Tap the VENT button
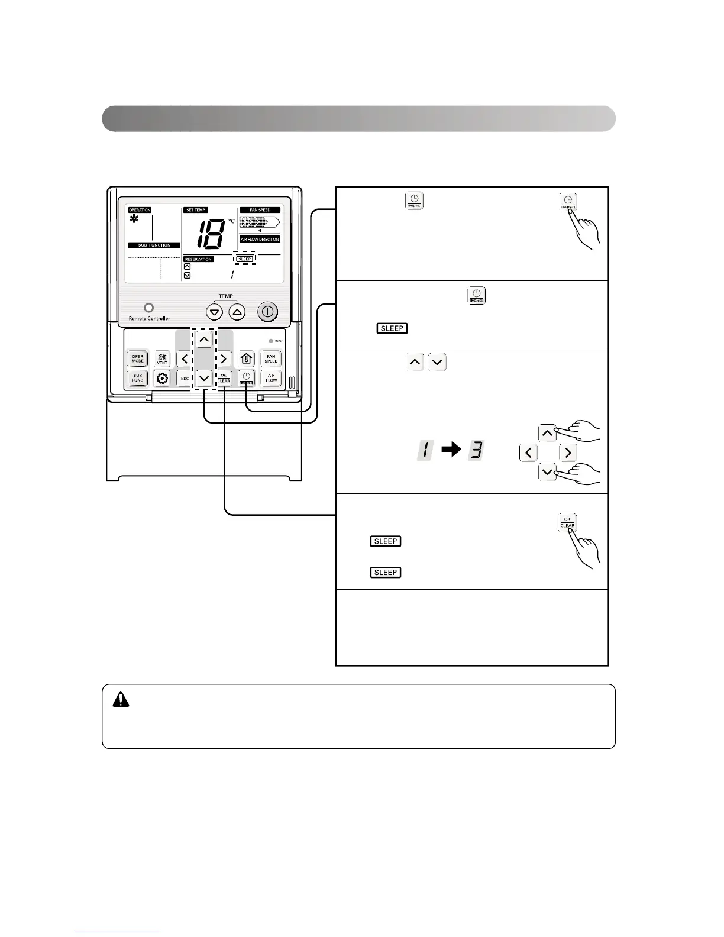point(162,358)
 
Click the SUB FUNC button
point(138,377)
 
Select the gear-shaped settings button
point(162,378)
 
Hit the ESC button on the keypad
point(185,378)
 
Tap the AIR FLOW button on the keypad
point(271,377)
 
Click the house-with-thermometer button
point(247,358)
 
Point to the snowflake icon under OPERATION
point(135,219)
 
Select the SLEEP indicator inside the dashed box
point(244,259)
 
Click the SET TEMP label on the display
point(196,210)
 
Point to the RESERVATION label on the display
point(199,259)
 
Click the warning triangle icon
point(121,699)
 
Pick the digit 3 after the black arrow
point(476,450)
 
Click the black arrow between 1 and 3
point(451,450)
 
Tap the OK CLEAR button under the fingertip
point(567,523)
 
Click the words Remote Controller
point(149,318)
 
